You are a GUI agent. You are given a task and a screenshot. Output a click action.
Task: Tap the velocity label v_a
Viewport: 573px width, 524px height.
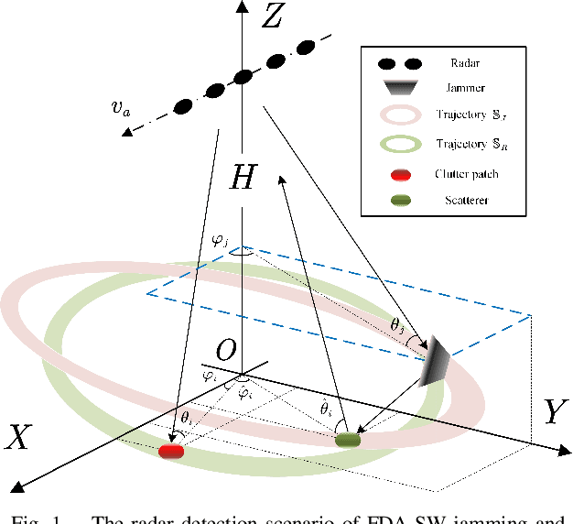[118, 108]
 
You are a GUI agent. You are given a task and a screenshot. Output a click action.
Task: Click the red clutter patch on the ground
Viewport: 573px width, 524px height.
[171, 451]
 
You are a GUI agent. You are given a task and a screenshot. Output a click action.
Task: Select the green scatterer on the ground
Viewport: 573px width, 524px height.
[349, 441]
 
